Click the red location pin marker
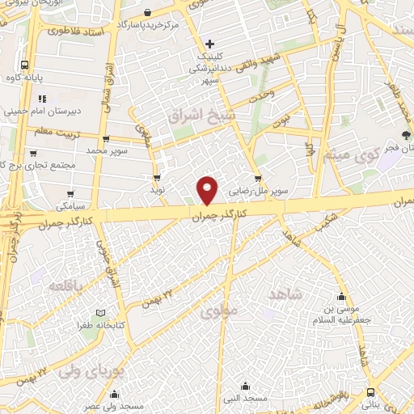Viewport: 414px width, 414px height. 208,190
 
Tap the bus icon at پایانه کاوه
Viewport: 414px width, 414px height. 25,65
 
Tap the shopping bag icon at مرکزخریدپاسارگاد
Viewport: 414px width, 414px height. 147,11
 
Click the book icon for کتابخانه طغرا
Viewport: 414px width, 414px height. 101,313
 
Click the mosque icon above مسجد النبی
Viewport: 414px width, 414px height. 256,387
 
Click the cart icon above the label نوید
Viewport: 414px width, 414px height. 156,177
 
